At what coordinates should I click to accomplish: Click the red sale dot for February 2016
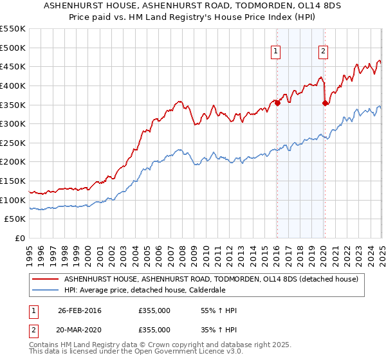coord(277,103)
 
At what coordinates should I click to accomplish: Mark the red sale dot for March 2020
coord(325,103)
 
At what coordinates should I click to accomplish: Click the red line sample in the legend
coord(46,278)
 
